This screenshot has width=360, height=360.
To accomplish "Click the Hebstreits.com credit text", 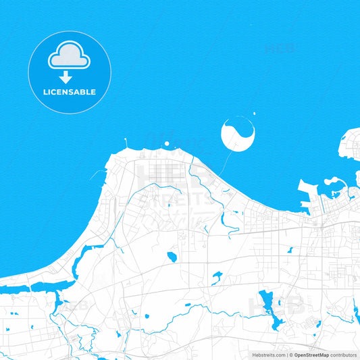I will (267, 355).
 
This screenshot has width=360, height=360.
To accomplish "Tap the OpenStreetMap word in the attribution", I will (311, 355).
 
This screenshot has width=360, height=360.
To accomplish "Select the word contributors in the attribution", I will (344, 355).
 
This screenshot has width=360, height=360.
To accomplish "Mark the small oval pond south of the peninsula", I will (172, 257).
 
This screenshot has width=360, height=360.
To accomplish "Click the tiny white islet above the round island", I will (254, 113).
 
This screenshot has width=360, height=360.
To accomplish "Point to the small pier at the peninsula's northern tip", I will (126, 143).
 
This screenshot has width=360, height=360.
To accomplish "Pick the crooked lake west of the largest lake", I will (216, 276).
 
